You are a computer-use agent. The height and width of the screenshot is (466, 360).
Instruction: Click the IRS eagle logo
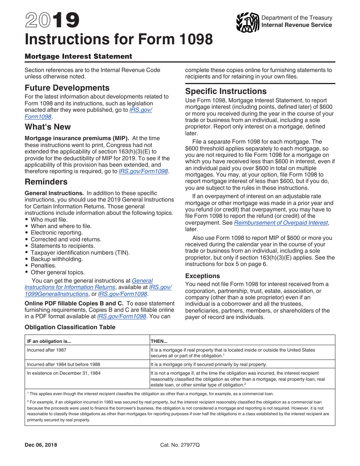point(247,22)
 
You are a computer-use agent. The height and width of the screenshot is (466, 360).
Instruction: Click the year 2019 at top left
point(52,21)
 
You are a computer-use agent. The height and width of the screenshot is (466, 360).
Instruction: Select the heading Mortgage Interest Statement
point(78,56)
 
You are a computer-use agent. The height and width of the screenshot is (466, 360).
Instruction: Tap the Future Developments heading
point(67,88)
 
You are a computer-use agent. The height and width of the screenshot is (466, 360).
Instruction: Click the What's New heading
point(48,127)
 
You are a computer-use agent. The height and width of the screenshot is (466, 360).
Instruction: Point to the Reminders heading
point(46,182)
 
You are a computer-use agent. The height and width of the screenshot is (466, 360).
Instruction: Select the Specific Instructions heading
point(226,91)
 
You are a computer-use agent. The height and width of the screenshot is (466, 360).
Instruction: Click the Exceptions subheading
point(202,276)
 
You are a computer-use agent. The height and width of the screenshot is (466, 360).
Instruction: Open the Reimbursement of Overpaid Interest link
point(281,223)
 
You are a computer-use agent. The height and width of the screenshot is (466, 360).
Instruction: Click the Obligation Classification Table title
point(70,327)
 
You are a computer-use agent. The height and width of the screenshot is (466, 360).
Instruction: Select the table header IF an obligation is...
point(49,341)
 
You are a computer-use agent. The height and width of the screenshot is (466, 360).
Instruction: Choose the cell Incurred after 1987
point(47,350)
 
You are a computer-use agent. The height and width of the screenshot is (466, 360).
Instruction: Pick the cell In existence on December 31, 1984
point(64,373)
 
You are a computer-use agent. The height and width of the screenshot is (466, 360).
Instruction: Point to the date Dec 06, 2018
point(41,445)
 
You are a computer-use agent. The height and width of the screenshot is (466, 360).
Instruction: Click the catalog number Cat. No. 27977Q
point(180,445)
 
